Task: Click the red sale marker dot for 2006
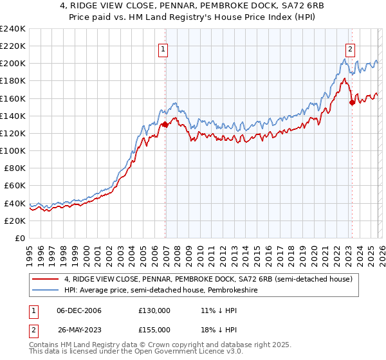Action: point(165,125)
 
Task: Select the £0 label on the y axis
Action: point(19,238)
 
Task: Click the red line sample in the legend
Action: point(45,280)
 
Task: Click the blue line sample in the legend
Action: point(45,290)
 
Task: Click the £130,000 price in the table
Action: point(154,310)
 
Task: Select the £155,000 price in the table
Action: point(154,330)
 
